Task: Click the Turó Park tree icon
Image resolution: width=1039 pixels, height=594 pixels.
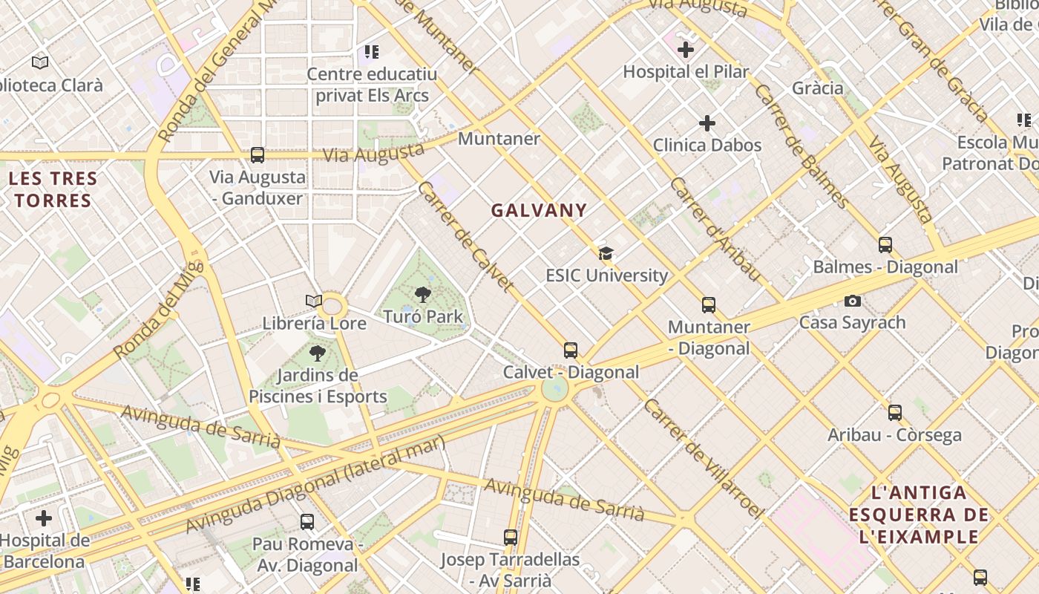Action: pyautogui.click(x=423, y=295)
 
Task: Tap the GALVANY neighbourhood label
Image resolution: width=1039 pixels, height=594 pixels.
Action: pyautogui.click(x=539, y=210)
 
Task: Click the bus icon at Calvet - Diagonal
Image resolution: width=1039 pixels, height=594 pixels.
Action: pyautogui.click(x=571, y=350)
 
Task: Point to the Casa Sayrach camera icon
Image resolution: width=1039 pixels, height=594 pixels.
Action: pyautogui.click(x=853, y=301)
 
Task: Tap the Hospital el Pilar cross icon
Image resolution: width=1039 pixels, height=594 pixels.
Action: pyautogui.click(x=686, y=50)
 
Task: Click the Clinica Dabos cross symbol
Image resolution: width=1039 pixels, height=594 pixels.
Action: pyautogui.click(x=707, y=123)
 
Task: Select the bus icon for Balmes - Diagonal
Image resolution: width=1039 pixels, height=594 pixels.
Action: pyautogui.click(x=885, y=245)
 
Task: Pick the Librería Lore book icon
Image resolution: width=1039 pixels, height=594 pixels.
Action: pyautogui.click(x=314, y=301)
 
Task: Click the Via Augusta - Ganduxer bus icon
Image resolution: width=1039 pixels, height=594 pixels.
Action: pyautogui.click(x=258, y=155)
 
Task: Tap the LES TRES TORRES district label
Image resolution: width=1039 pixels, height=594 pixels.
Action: pyautogui.click(x=53, y=189)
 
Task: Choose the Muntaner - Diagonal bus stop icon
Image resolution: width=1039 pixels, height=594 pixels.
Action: pyautogui.click(x=709, y=305)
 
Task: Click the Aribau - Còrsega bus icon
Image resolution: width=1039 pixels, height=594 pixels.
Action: pyautogui.click(x=895, y=413)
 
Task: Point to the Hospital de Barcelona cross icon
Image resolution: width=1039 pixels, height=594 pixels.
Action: pyautogui.click(x=44, y=518)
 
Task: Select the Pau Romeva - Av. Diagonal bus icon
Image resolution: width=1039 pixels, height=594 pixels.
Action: pyautogui.click(x=307, y=522)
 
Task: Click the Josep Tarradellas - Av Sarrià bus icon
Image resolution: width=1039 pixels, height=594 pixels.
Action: pyautogui.click(x=511, y=538)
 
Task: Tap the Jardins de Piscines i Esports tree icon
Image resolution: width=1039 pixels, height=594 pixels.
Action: pyautogui.click(x=318, y=353)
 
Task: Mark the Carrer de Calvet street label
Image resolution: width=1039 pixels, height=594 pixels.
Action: pyautogui.click(x=465, y=236)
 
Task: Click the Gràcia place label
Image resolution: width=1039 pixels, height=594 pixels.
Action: pyautogui.click(x=818, y=88)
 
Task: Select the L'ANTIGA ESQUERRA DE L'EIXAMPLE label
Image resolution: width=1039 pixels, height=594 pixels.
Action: pyautogui.click(x=919, y=514)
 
